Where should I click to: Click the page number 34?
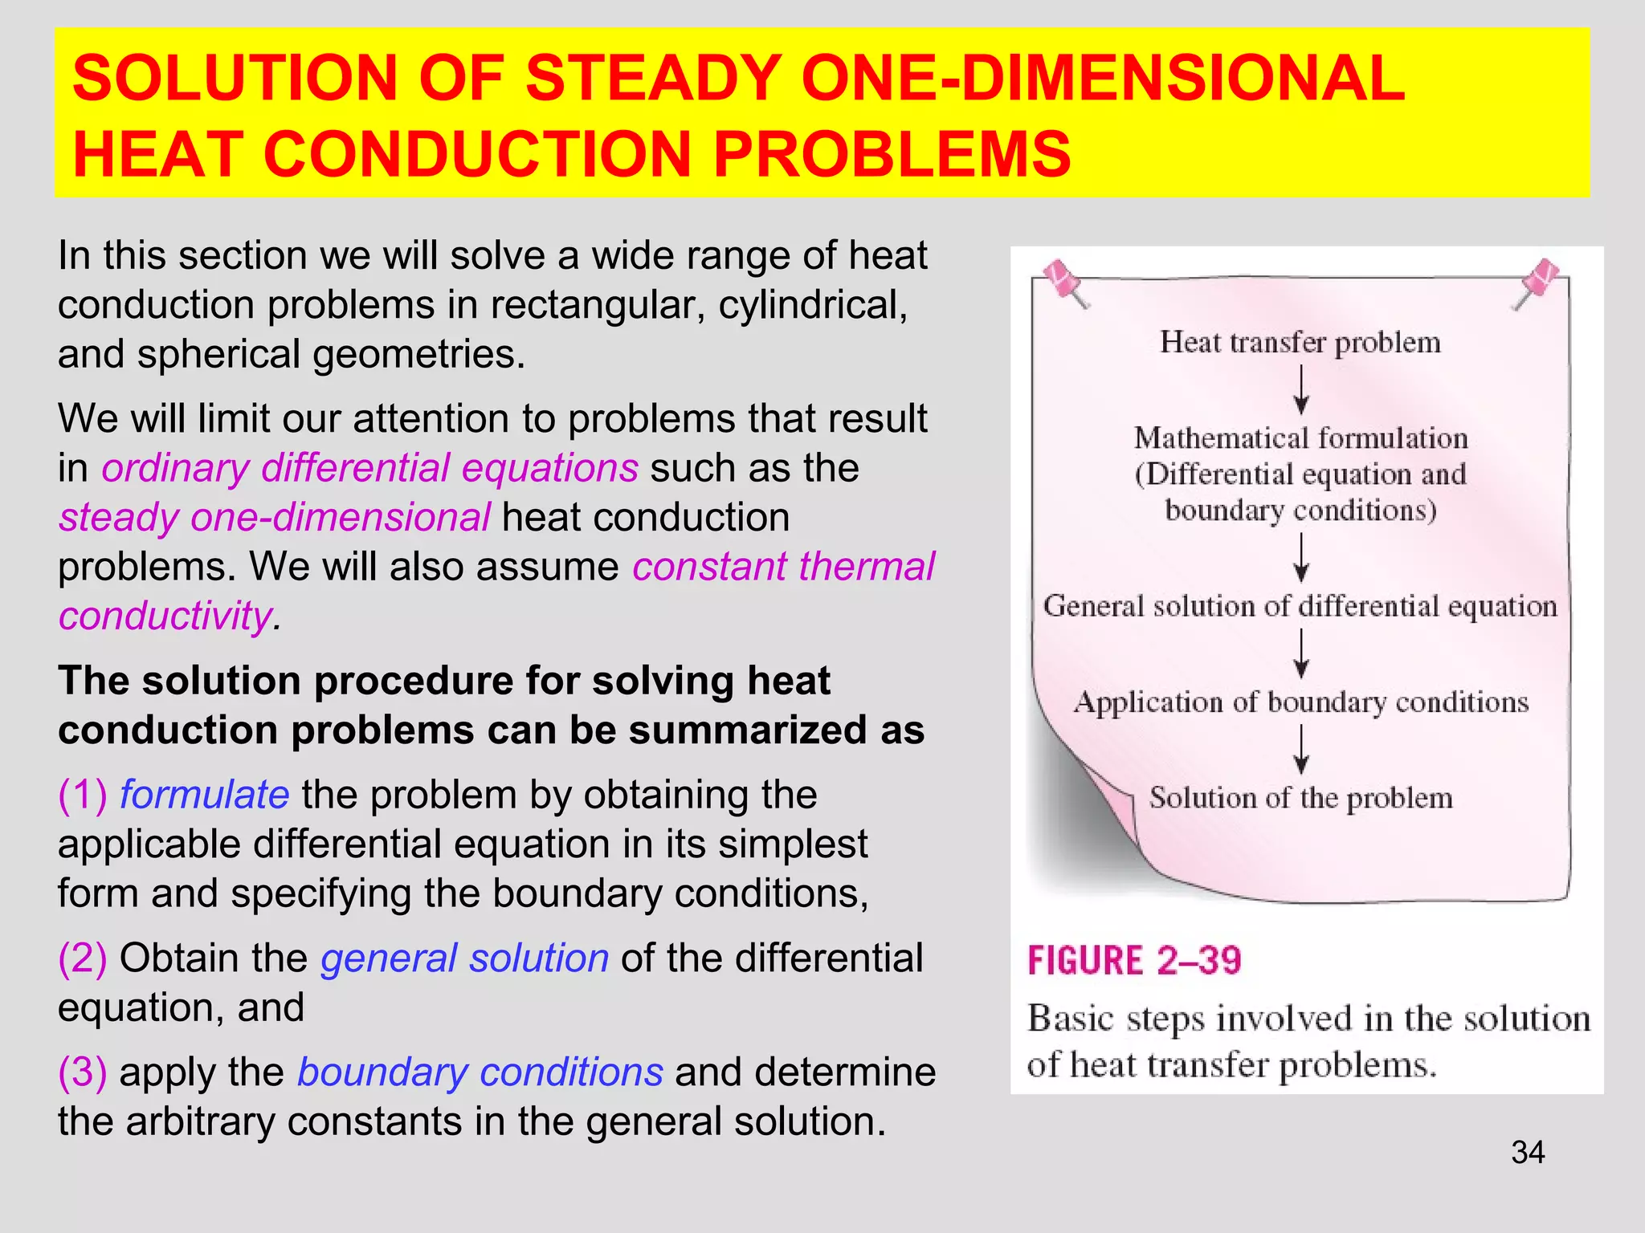1528,1152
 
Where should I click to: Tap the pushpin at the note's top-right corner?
1537,281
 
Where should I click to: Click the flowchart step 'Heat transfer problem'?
1300,342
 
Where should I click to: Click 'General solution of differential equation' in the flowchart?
1300,606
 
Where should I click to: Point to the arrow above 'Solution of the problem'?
1301,748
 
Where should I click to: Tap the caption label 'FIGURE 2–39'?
1134,961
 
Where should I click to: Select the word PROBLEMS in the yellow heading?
892,154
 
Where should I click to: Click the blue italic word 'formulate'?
204,795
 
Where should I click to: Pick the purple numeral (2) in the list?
82,958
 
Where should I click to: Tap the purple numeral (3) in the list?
82,1072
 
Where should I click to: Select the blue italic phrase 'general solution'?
464,958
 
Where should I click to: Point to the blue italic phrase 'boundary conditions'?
480,1072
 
